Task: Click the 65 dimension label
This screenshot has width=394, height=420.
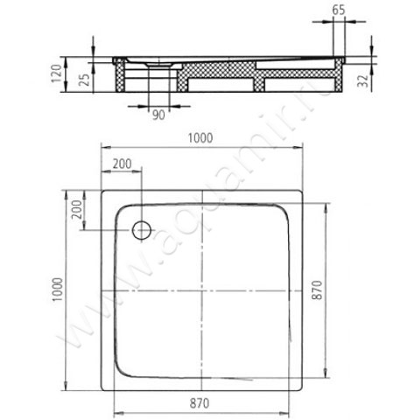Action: coord(339,10)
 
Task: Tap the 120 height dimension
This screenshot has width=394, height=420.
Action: coord(56,73)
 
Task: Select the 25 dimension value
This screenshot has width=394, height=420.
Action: coord(85,80)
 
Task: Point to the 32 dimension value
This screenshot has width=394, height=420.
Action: coord(362,80)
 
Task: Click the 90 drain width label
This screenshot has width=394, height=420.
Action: coord(158,115)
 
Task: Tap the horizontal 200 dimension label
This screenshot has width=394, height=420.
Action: coord(122,164)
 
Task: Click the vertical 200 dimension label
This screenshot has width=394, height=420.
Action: coord(77,209)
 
